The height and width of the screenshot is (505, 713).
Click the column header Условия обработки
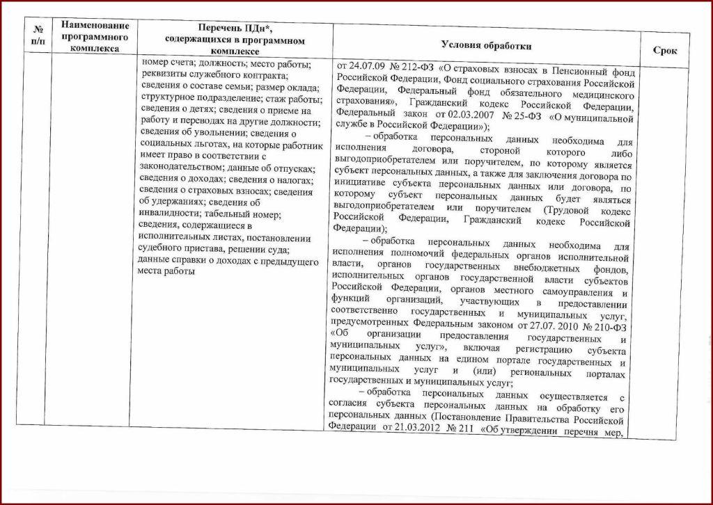tap(486, 45)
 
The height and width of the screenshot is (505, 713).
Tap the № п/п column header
tap(38, 38)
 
